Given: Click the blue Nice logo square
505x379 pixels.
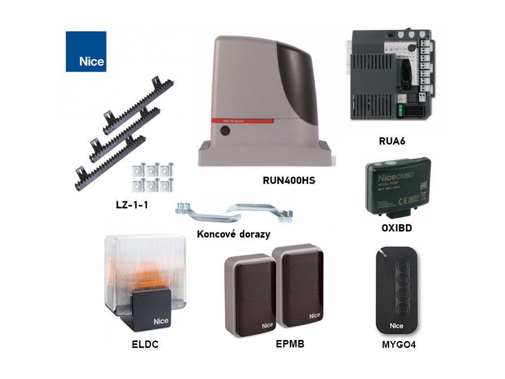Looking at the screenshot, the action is [x=86, y=51].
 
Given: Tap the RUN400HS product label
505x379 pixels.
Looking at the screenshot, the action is [x=289, y=181].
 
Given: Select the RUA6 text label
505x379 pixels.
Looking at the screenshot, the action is [x=392, y=141].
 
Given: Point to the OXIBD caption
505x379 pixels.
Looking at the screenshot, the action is [x=397, y=228].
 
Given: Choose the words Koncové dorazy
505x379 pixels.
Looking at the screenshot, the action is [x=233, y=234].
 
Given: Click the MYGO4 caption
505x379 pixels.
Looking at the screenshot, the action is [x=398, y=345].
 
